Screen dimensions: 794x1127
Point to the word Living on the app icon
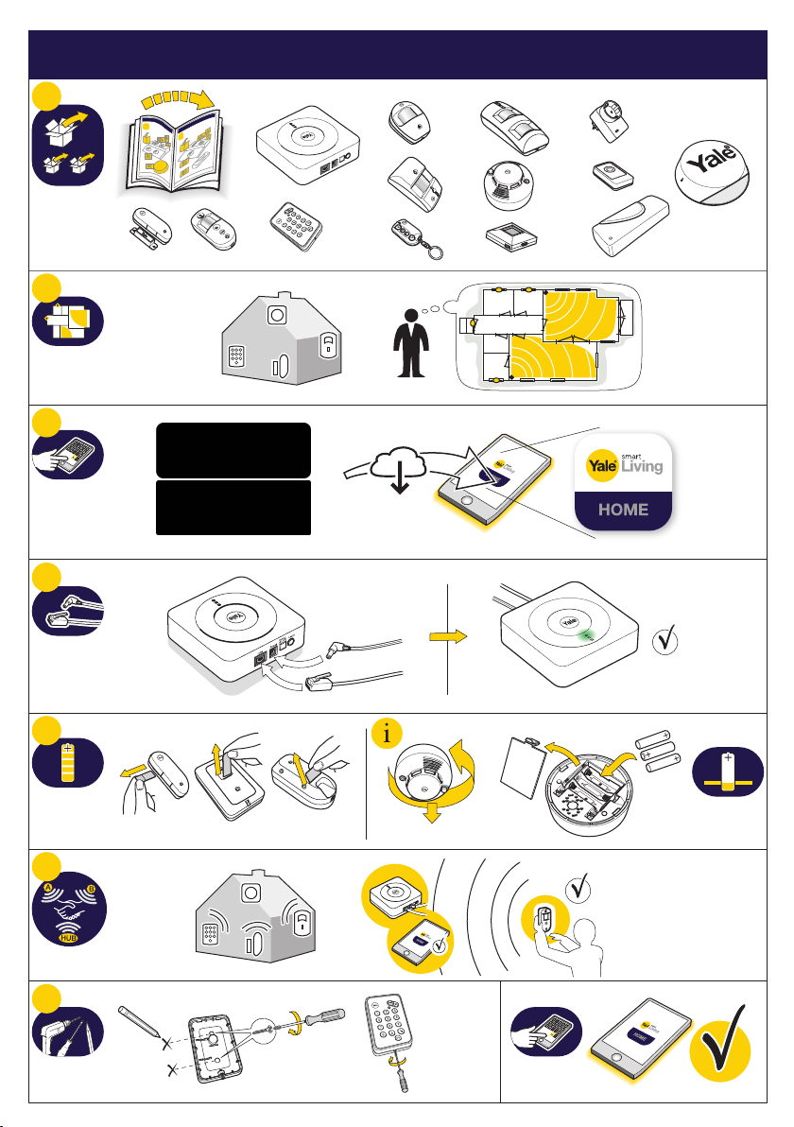(x=643, y=465)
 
